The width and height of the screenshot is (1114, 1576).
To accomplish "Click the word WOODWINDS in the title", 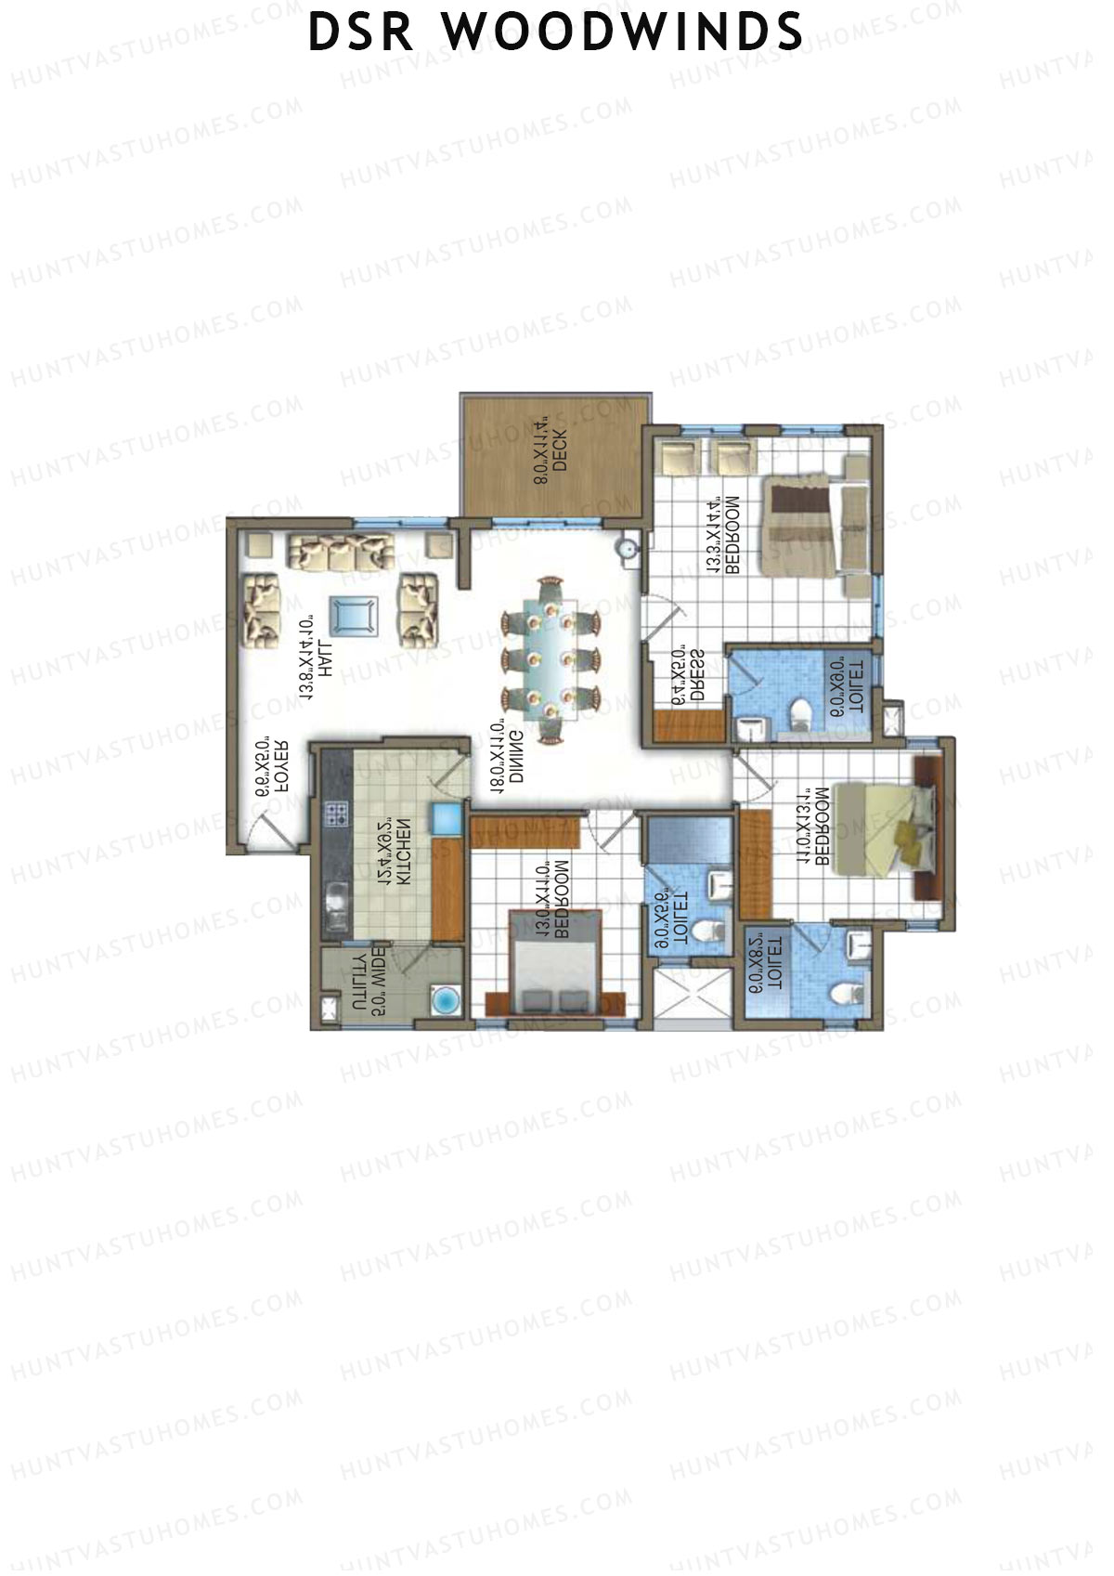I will tap(622, 33).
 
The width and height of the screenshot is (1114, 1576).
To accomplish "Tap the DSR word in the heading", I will tap(363, 33).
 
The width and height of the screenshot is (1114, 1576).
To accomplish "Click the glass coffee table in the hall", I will tap(353, 614).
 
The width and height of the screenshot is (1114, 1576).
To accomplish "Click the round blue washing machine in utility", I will tap(447, 1000).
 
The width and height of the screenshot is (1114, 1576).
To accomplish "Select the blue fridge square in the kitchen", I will tap(447, 818).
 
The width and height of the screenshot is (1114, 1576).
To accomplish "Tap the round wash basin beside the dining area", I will tap(628, 547).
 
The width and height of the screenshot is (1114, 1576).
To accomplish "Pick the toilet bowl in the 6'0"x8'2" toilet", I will tap(844, 994).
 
